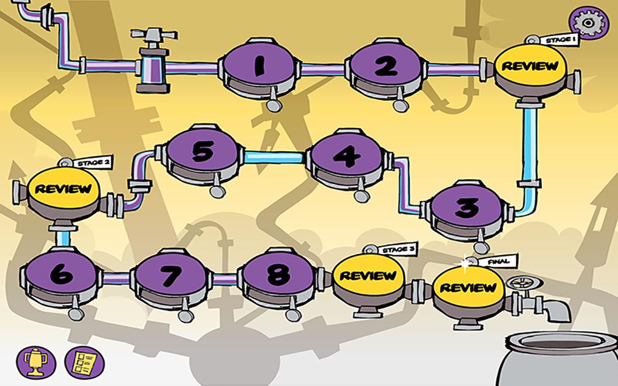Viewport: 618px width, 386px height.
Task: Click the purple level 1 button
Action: [x=259, y=66]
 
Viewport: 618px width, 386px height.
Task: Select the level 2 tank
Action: [x=386, y=66]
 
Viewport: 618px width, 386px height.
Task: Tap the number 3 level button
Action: [x=466, y=208]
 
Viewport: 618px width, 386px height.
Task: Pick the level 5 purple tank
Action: [x=202, y=152]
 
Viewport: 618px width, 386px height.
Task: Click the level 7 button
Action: [x=171, y=275]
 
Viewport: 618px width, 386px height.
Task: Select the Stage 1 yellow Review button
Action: [x=530, y=66]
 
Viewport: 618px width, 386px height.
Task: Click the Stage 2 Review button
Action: [x=63, y=189]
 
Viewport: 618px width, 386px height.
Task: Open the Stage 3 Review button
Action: [x=368, y=275]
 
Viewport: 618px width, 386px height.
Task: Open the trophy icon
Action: [x=36, y=363]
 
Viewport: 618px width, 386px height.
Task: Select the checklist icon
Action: [x=84, y=363]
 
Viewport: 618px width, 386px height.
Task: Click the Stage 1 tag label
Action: [x=560, y=40]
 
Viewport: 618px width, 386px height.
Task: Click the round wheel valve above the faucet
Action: [x=525, y=283]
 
